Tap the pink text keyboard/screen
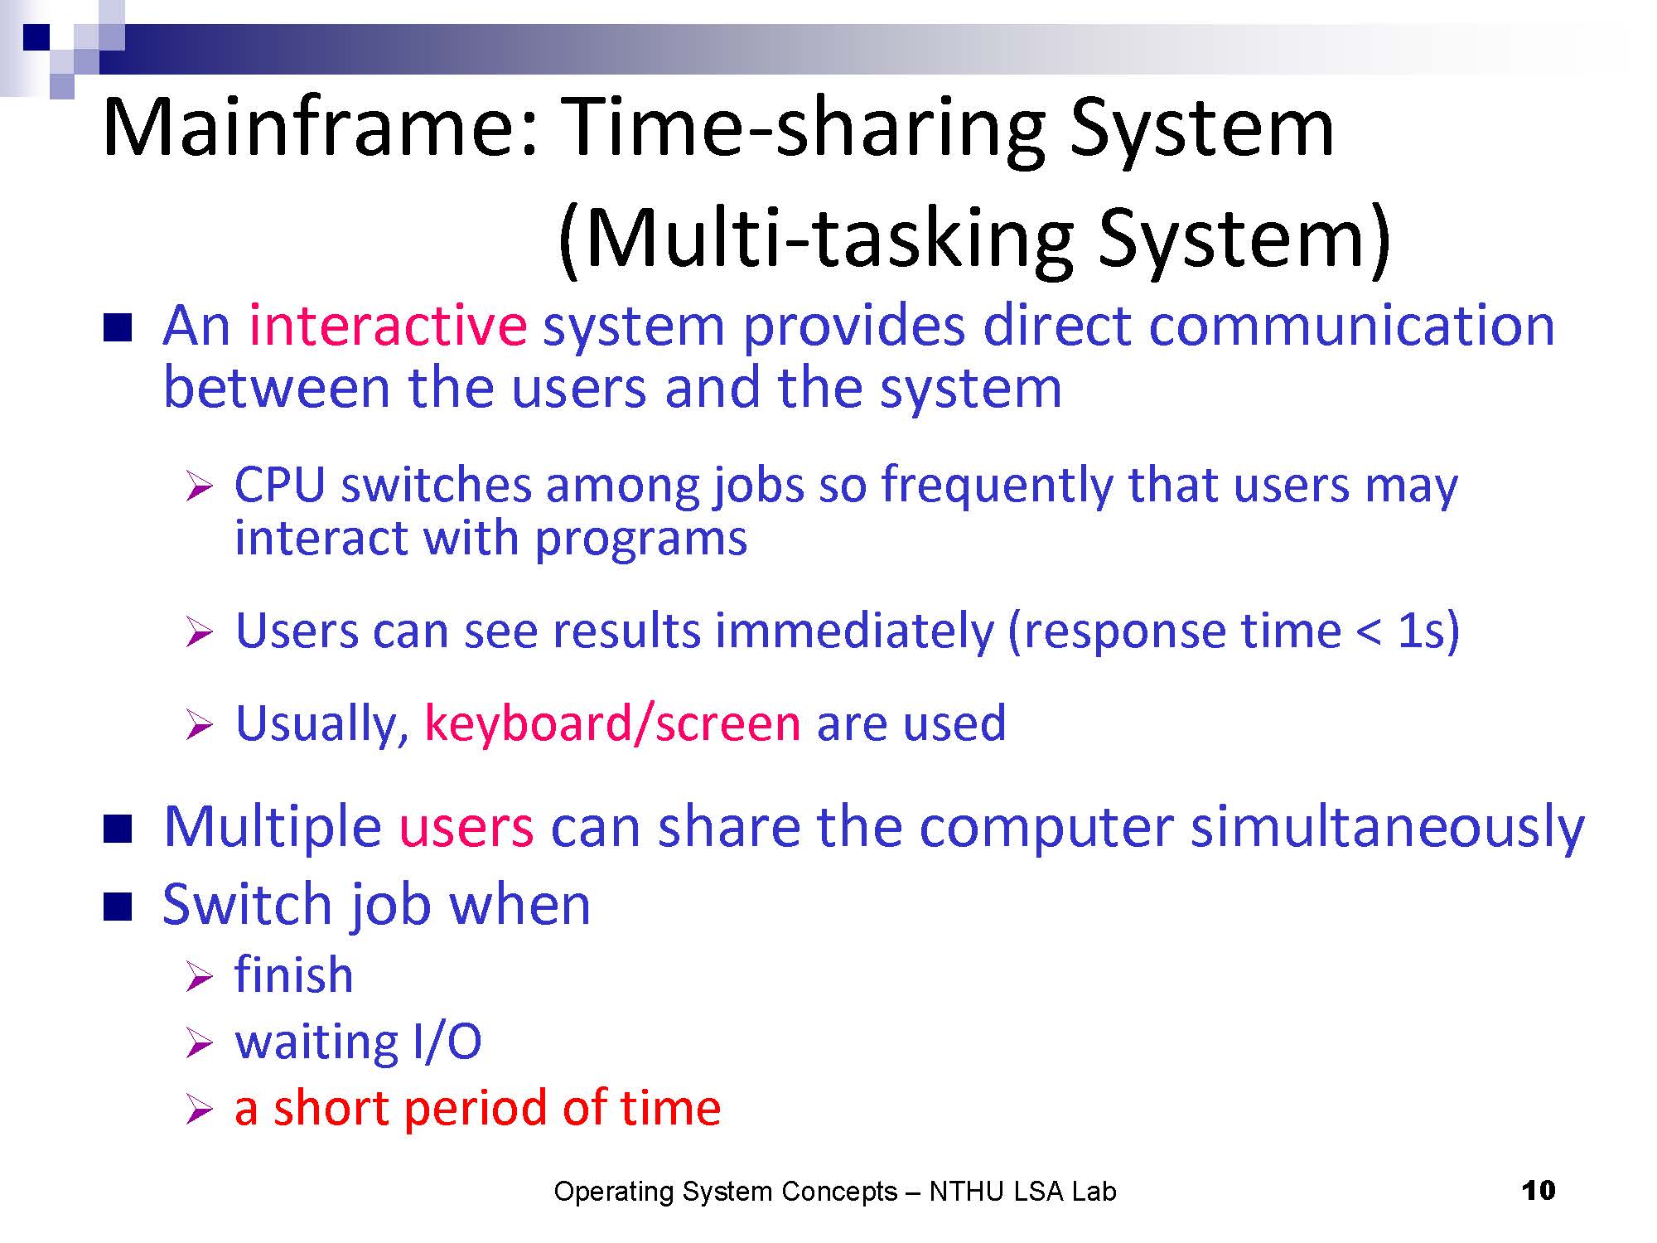click(612, 723)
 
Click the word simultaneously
click(1388, 828)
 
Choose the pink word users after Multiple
click(466, 828)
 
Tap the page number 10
click(1539, 1191)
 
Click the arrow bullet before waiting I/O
click(200, 1042)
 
